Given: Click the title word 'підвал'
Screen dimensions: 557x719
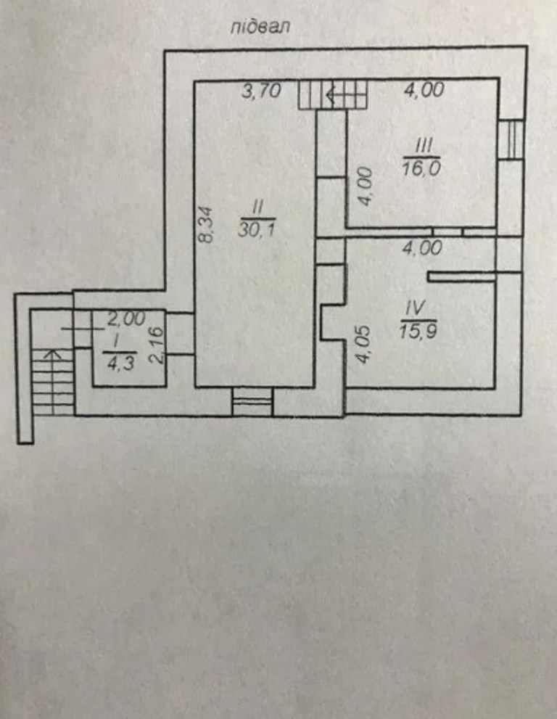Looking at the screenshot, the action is click(260, 27).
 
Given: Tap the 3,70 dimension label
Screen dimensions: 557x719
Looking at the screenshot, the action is click(261, 91).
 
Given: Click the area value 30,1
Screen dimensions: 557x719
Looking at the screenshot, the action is click(256, 228).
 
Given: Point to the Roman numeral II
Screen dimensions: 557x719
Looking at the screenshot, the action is click(257, 208).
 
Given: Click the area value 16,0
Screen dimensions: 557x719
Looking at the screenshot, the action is click(421, 168).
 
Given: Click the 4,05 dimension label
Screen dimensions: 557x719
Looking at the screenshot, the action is click(363, 345).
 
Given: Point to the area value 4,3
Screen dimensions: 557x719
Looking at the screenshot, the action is click(120, 363).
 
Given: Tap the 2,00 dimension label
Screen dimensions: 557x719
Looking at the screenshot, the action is click(126, 319).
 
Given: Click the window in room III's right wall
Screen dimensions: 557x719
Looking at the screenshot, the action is click(511, 139).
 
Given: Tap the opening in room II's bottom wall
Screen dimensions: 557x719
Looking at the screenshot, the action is click(252, 402).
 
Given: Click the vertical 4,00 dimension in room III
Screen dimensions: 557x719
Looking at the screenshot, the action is click(365, 186).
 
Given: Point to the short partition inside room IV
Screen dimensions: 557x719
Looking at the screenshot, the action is click(462, 276).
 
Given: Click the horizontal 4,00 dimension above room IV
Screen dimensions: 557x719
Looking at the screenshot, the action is click(422, 248).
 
